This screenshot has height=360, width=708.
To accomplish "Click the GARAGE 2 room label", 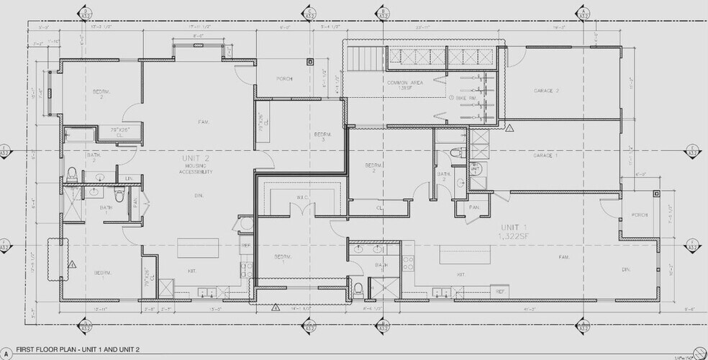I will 547,91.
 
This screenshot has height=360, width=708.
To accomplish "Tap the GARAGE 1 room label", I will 547,155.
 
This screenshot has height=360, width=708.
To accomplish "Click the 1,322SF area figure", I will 512,235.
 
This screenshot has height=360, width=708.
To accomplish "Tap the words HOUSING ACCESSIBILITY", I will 196,169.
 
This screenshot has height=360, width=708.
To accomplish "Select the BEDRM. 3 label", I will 322,138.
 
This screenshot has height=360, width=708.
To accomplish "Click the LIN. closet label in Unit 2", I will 130,178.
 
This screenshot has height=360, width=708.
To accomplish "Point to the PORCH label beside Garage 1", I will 640,215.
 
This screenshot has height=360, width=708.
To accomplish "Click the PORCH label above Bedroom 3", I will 284,78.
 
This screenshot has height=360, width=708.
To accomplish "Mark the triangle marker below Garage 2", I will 509,128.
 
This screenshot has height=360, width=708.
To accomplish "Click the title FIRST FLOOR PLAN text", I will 69,349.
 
